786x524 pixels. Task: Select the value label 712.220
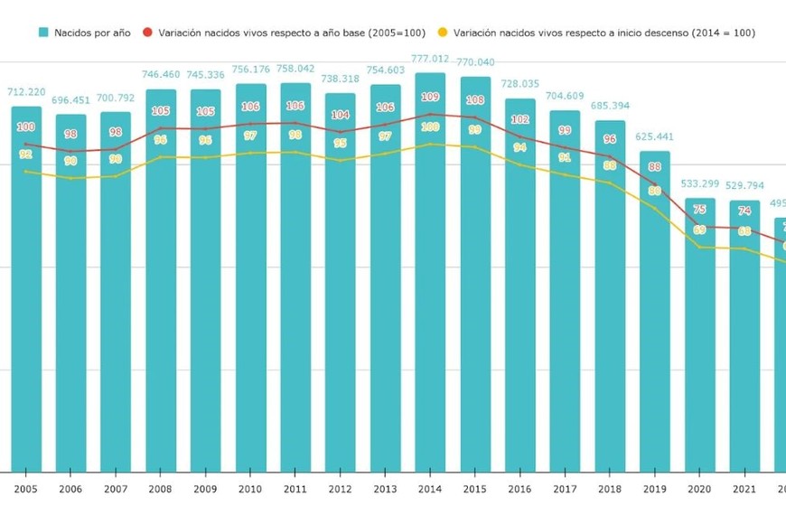pyautogui.click(x=26, y=92)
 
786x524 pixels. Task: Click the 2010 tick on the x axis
pyautogui.click(x=250, y=489)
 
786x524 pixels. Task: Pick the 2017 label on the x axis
pyautogui.click(x=565, y=489)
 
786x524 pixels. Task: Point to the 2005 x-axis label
pyautogui.click(x=26, y=489)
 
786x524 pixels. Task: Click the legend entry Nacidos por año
pyautogui.click(x=85, y=33)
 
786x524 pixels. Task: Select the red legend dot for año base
pyautogui.click(x=148, y=33)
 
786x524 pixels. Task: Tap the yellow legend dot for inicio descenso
pyautogui.click(x=443, y=33)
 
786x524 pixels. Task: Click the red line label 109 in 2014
pyautogui.click(x=430, y=97)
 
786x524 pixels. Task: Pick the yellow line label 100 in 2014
pyautogui.click(x=430, y=127)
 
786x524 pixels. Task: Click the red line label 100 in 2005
pyautogui.click(x=26, y=126)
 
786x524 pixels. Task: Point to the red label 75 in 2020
pyautogui.click(x=700, y=210)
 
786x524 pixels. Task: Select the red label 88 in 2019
pyautogui.click(x=655, y=167)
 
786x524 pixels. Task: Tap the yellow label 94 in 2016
pyautogui.click(x=519, y=147)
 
